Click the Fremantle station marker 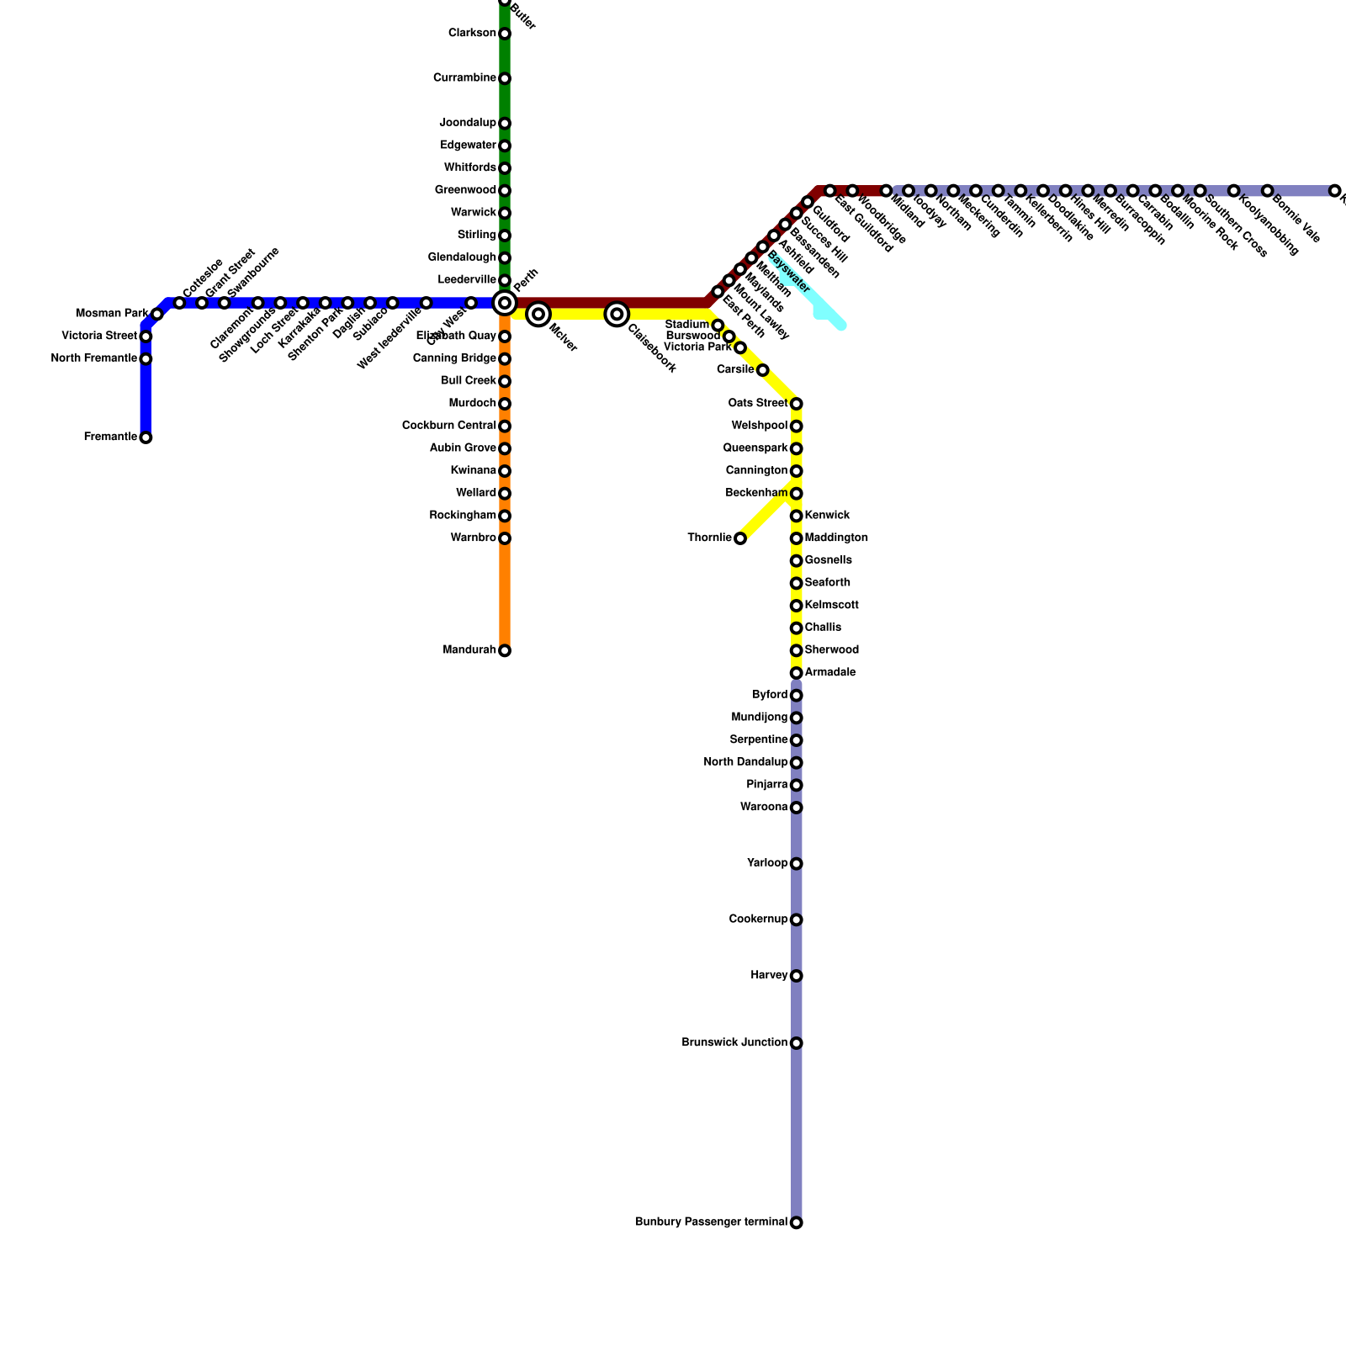pos(146,437)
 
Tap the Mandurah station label pos(469,650)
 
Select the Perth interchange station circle pos(505,303)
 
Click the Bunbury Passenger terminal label pos(711,1222)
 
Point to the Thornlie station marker pos(740,538)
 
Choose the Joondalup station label pos(468,124)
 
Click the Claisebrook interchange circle pos(617,314)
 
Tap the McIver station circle pos(538,314)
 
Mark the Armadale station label pos(830,673)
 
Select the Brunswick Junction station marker pos(796,1043)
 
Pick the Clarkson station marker pos(505,34)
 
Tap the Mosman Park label pos(111,314)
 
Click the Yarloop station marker pos(796,864)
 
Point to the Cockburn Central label pos(448,426)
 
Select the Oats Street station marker pos(796,404)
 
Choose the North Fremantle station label pos(93,359)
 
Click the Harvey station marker pos(796,976)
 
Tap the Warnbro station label pos(473,538)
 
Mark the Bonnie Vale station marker pos(1267,191)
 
